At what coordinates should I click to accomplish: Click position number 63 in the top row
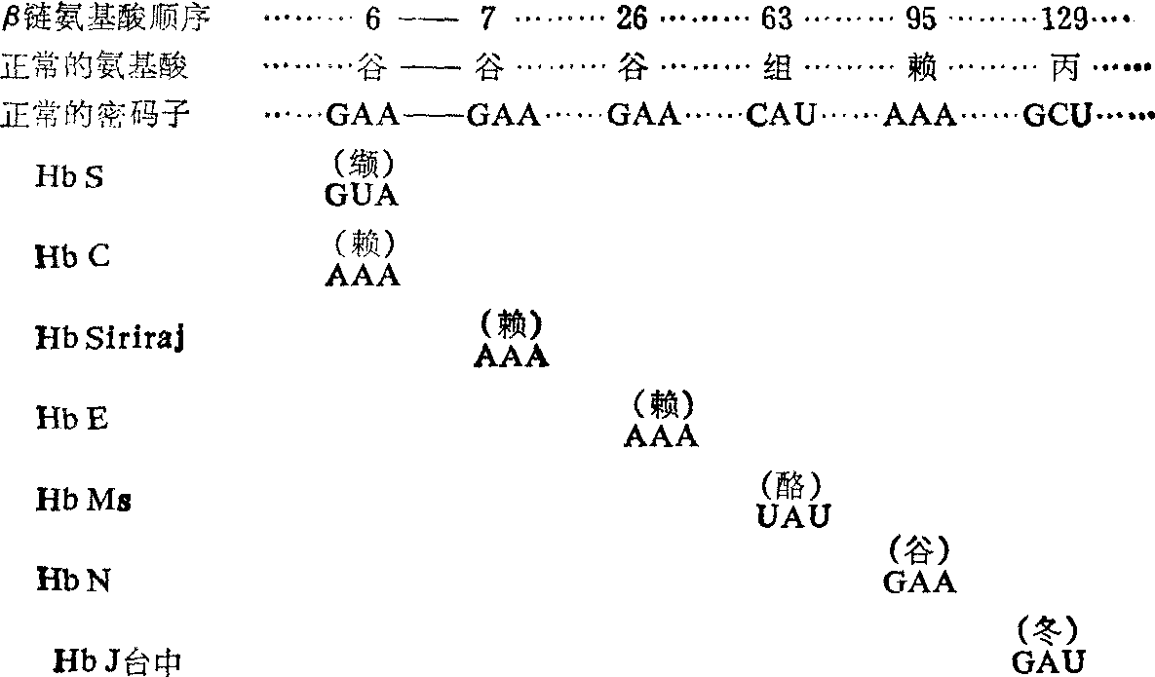[x=778, y=19]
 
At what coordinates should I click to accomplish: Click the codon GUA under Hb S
[x=363, y=196]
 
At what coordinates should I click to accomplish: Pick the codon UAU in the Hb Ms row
[x=794, y=515]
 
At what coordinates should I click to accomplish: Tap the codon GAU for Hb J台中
[x=1049, y=662]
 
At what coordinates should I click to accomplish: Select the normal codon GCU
[x=1060, y=117]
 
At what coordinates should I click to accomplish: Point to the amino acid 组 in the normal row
[x=779, y=67]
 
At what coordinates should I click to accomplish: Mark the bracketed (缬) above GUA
[x=363, y=162]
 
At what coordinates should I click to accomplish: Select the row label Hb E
[x=72, y=419]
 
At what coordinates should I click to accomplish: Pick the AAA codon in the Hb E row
[x=661, y=435]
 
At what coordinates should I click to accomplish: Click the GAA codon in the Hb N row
[x=919, y=582]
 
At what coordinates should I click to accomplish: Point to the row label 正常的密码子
[x=95, y=116]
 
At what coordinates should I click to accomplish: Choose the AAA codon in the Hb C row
[x=363, y=275]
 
